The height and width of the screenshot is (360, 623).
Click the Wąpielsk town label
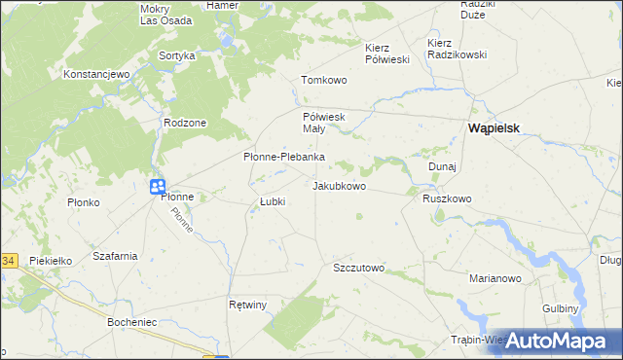[498, 128]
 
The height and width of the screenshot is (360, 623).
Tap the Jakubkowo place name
[340, 185]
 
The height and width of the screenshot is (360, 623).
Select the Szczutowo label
[359, 268]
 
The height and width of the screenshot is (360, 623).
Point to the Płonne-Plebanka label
[283, 157]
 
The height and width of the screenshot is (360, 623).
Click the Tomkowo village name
[324, 80]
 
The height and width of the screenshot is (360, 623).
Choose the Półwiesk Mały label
[318, 123]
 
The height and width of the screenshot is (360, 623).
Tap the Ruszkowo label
[447, 198]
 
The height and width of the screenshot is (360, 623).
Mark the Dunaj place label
[442, 166]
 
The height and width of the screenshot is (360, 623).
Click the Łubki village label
[272, 201]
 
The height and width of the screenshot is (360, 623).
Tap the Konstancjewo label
[96, 74]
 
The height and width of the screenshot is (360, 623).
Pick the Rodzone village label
[185, 123]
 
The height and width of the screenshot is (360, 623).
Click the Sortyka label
[177, 56]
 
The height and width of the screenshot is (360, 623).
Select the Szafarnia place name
[114, 256]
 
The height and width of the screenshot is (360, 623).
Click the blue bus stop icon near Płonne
[157, 187]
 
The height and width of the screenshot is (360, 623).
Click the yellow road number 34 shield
[8, 261]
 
